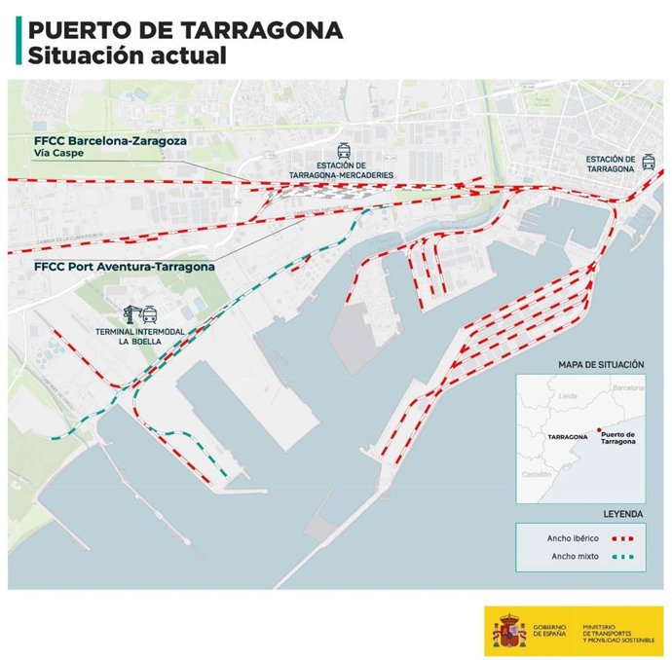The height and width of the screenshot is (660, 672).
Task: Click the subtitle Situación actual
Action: [x=127, y=55]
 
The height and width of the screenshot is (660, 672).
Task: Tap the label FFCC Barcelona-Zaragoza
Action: [x=110, y=140]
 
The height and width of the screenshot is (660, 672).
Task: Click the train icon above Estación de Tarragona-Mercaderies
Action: [x=343, y=151]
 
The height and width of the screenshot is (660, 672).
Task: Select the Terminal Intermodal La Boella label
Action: [x=137, y=337]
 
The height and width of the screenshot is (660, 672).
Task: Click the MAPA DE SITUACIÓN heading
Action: [x=601, y=364]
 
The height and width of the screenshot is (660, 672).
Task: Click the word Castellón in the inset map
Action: [x=538, y=473]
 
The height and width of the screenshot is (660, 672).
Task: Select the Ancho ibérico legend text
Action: [x=570, y=537]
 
